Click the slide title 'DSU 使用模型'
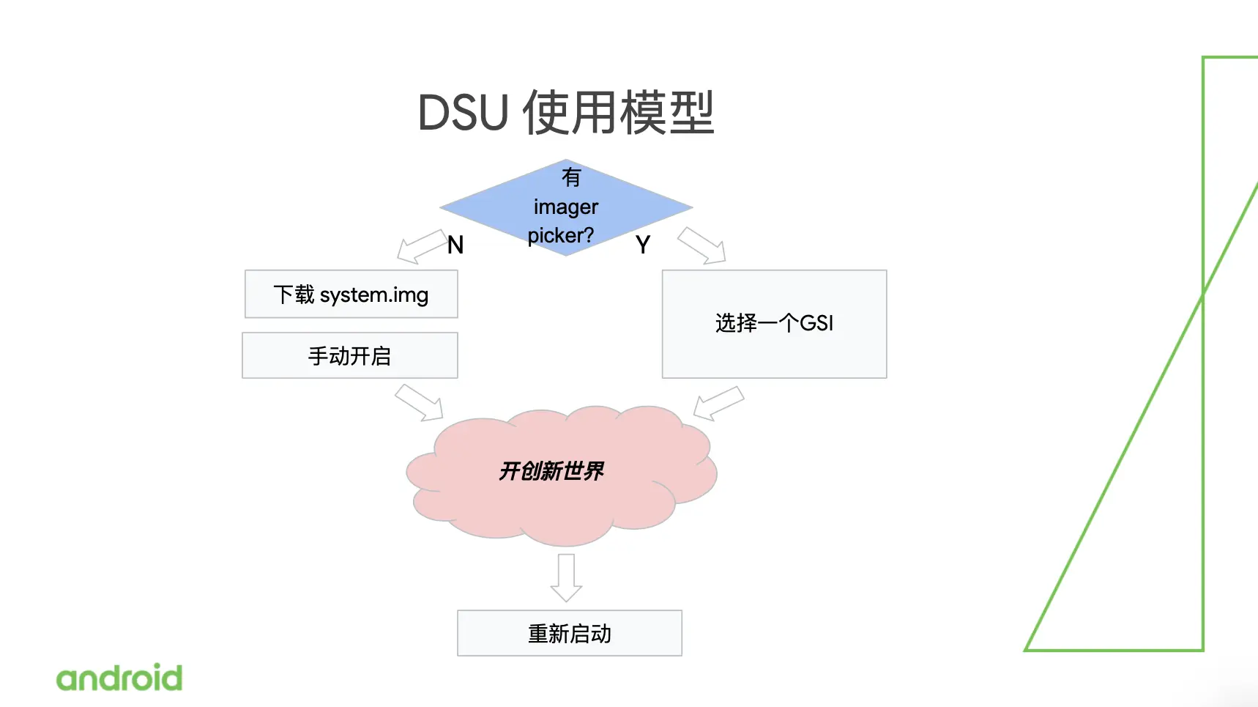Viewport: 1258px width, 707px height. (565, 113)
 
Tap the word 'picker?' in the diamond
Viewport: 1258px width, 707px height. (561, 236)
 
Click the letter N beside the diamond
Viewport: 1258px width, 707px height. (455, 245)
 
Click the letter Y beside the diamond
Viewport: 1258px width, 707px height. (643, 245)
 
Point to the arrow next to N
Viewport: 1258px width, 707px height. (420, 247)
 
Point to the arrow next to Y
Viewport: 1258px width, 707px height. (702, 245)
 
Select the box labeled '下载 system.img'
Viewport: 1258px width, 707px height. (351, 295)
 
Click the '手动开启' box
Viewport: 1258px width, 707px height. (350, 356)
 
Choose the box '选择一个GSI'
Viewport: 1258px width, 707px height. (774, 324)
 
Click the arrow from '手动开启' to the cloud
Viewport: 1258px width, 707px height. (420, 402)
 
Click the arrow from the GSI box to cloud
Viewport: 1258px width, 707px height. (718, 403)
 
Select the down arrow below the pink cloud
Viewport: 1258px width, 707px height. (566, 577)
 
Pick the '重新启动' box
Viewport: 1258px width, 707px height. (570, 633)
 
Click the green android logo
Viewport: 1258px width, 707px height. (119, 678)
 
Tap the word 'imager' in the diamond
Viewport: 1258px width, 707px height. (566, 207)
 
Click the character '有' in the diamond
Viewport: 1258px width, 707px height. (571, 177)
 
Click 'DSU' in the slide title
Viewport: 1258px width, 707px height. (463, 114)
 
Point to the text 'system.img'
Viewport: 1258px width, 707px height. (374, 295)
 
